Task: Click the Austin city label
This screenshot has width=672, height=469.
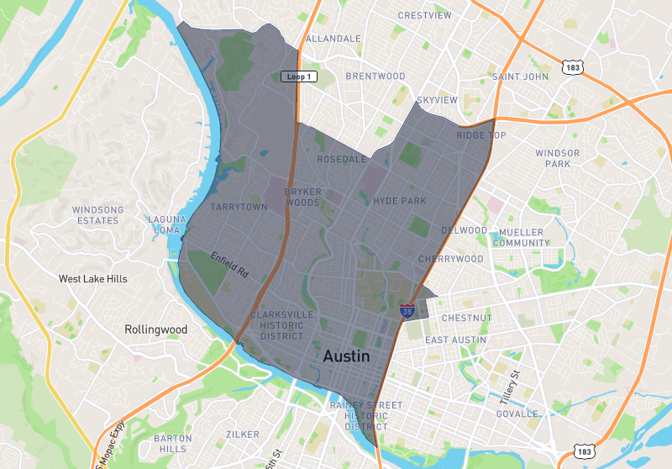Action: click(346, 356)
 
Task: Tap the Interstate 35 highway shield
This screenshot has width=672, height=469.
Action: click(407, 311)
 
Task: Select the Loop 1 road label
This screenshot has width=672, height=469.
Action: click(299, 76)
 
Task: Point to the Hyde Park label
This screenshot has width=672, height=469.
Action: click(400, 201)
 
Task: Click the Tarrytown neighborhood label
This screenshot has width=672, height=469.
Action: click(239, 207)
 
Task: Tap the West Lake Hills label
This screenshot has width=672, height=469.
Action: click(93, 278)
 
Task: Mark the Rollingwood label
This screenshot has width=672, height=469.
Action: click(155, 329)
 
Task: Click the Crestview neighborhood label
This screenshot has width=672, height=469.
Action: click(424, 15)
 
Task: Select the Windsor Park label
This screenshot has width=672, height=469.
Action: click(558, 158)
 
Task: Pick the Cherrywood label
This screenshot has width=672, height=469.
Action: click(451, 259)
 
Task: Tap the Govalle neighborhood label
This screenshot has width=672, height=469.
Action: click(517, 414)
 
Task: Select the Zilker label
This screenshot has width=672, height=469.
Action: click(243, 435)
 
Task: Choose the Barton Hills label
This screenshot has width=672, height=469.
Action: click(173, 444)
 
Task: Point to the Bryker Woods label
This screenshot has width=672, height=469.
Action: click(302, 197)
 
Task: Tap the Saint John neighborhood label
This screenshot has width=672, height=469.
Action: click(520, 76)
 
